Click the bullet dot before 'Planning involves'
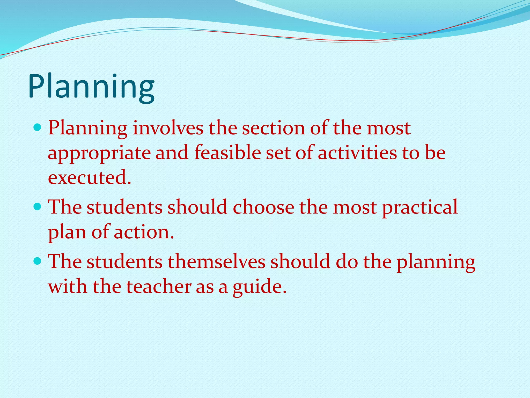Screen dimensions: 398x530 tap(38, 127)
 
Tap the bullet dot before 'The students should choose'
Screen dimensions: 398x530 tap(38, 207)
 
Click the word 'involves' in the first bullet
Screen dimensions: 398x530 tap(168, 128)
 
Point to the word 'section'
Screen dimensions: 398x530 tap(273, 128)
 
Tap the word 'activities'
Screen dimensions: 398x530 tap(357, 153)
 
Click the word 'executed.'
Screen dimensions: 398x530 tap(90, 178)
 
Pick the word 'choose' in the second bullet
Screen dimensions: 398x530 tap(263, 207)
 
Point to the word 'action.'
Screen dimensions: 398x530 tap(144, 232)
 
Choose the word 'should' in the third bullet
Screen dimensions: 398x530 tap(300, 262)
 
